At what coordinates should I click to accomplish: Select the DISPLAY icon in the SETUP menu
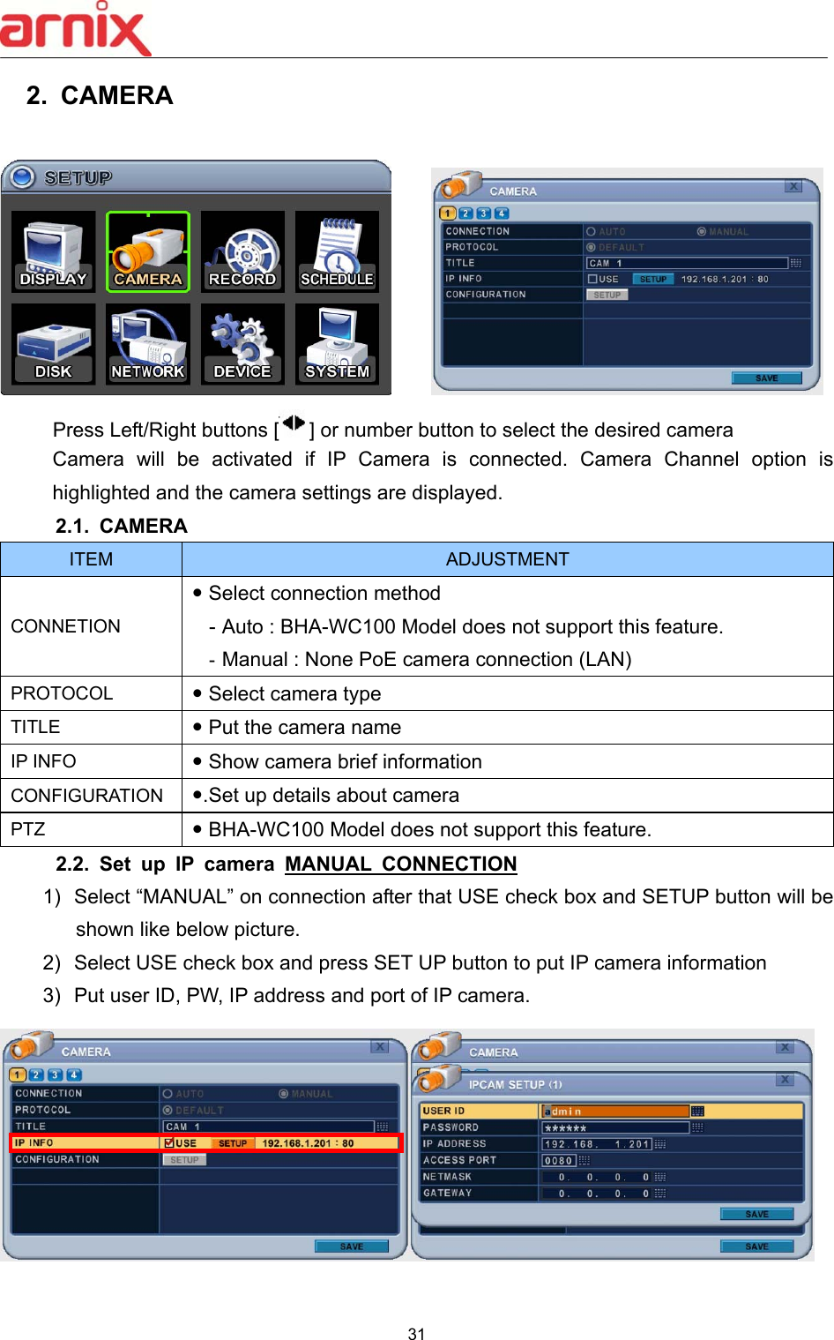tap(53, 252)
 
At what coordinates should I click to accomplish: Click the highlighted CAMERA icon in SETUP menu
tap(148, 252)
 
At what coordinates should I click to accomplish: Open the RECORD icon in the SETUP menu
tap(242, 252)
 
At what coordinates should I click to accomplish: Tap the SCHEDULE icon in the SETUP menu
tap(337, 252)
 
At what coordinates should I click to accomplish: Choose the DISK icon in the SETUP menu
tap(53, 344)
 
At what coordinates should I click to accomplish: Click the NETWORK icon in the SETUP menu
tap(148, 344)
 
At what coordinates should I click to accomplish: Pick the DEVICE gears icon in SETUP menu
tap(242, 344)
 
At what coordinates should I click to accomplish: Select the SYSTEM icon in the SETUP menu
tap(337, 344)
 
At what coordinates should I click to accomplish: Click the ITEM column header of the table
tap(91, 559)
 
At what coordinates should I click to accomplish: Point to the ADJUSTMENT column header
tap(507, 559)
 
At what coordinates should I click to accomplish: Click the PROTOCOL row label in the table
tap(62, 693)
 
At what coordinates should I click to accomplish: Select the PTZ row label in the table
tap(28, 829)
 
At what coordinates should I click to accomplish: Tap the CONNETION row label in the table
tap(66, 626)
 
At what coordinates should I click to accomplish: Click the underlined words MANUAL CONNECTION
tap(401, 864)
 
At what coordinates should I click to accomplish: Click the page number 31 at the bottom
tap(417, 1333)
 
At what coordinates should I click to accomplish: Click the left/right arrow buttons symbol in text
tap(293, 426)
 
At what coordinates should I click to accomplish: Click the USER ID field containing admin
tap(615, 1112)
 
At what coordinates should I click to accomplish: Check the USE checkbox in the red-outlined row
tap(169, 1143)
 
